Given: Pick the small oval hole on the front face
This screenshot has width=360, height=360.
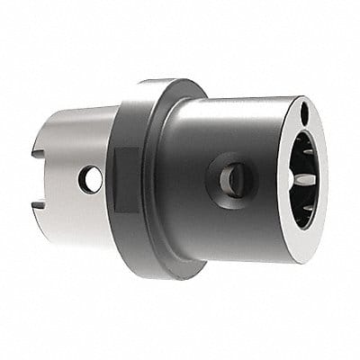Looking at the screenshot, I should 304,113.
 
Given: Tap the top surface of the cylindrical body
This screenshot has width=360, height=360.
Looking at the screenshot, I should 234,108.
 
